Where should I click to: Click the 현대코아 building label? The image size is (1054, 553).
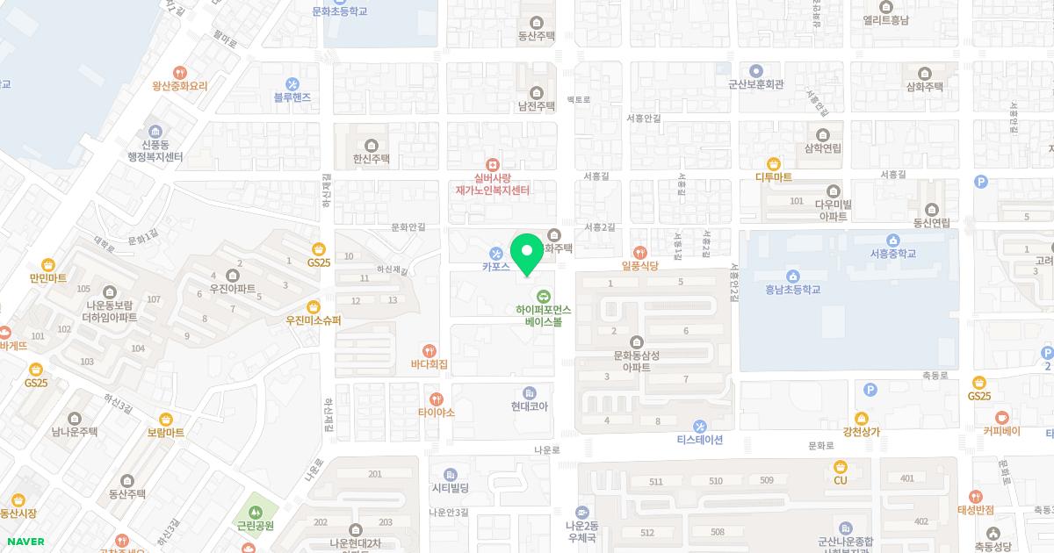point(529,406)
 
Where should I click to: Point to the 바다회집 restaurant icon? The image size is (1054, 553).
point(430,350)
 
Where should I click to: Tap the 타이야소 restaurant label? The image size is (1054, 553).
point(436,412)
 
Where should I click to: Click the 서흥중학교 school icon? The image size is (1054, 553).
point(892,241)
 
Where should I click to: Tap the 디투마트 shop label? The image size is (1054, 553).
point(773,176)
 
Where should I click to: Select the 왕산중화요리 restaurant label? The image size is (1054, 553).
point(179,86)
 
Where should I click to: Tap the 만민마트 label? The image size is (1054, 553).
point(47,278)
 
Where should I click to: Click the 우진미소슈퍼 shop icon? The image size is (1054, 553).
point(313,306)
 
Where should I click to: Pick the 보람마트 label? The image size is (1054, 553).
point(165,433)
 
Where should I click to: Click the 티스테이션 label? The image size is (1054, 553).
point(699,440)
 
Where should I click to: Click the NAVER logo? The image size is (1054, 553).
point(25,542)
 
